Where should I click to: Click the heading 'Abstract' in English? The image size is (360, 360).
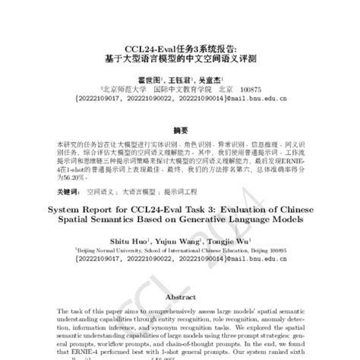tap(180, 298)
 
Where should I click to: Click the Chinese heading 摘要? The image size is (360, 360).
tap(180, 129)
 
